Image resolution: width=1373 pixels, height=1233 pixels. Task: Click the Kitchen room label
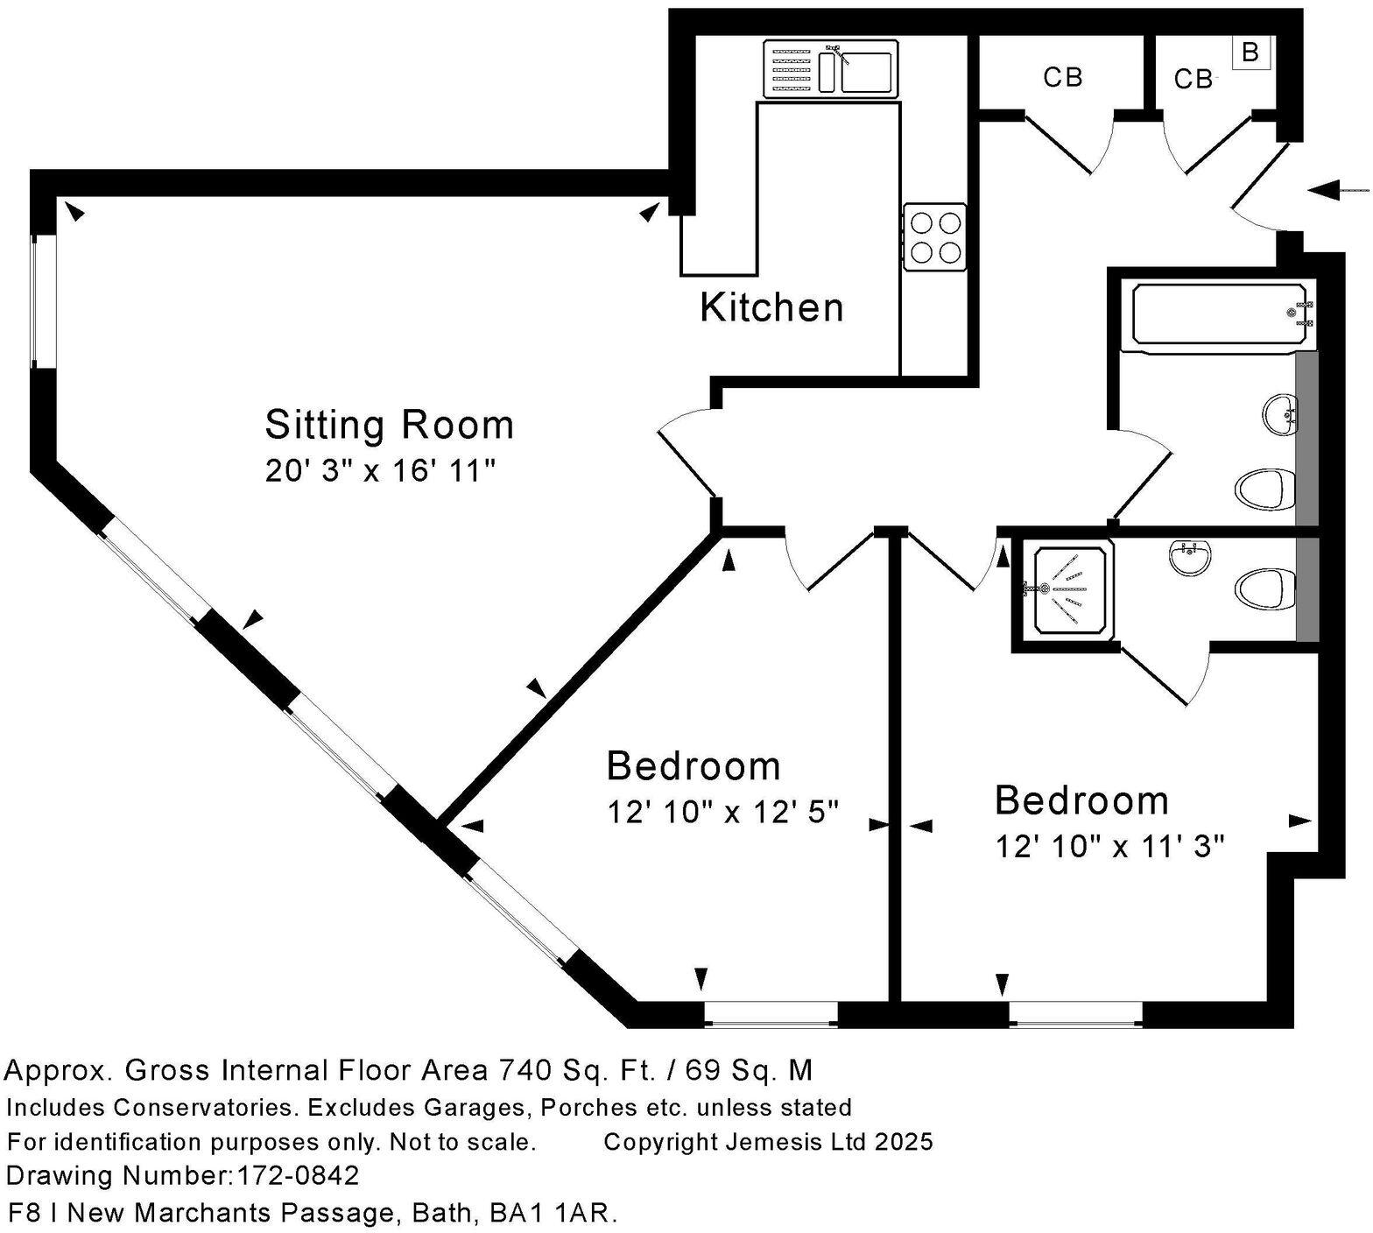pos(771,307)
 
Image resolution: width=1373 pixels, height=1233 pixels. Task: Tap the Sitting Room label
pos(389,425)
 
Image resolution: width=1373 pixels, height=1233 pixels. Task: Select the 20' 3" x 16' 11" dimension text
pos(381,471)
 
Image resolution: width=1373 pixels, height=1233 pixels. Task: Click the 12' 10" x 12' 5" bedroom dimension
pos(723,813)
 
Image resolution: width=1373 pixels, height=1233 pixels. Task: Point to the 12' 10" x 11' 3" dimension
pos(1109,847)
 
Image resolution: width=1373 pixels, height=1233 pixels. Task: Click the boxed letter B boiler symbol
pos(1250,53)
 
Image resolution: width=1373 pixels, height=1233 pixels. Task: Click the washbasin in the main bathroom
pos(1279,412)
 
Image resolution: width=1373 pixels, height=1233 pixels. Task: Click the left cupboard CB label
pos(1063,78)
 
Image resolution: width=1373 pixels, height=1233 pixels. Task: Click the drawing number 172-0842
pos(298,1175)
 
